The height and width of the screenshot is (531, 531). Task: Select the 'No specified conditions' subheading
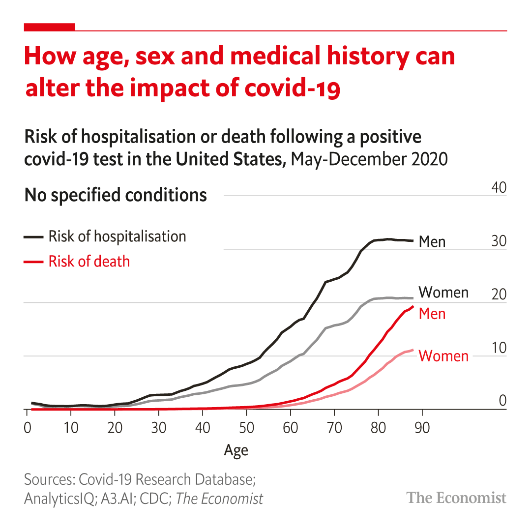point(116,195)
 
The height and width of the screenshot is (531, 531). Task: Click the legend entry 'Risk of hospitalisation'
point(117,236)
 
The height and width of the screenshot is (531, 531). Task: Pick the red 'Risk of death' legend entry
point(89,262)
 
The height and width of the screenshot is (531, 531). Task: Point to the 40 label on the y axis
point(499,188)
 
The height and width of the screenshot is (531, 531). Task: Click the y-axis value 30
point(499,241)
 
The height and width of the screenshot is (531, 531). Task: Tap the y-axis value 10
point(499,348)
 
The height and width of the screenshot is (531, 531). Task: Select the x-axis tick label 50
point(246,428)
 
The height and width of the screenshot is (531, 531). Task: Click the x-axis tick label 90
point(422,428)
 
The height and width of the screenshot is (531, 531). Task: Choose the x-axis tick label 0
point(27,428)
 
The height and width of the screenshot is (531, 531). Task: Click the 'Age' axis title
point(236,450)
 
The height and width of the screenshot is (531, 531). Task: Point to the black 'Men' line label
point(432,242)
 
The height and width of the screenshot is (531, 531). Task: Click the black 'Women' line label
point(443,293)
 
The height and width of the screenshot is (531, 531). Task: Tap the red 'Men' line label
point(432,314)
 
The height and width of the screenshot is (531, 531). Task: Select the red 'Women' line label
point(443,356)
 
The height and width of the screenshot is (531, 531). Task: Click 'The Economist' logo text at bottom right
point(456,498)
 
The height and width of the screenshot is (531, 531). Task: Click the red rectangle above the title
point(50,27)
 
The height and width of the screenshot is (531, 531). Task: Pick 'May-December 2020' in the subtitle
point(369,160)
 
